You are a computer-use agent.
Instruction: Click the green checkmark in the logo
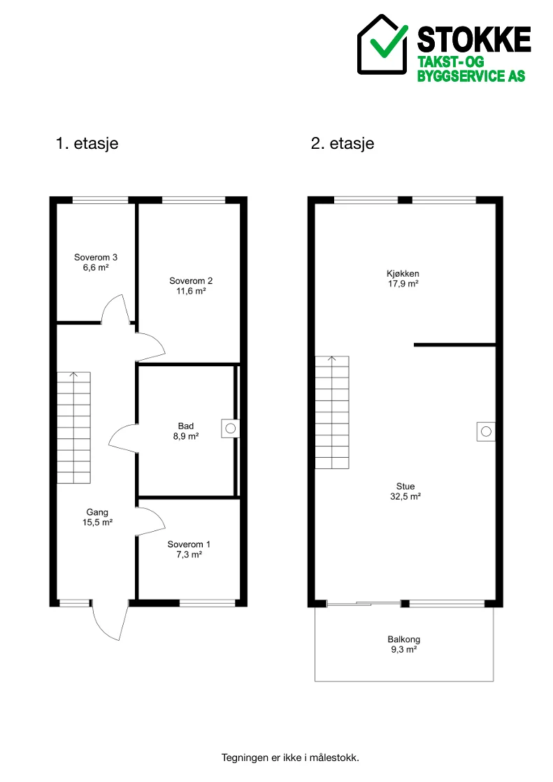[x=388, y=42]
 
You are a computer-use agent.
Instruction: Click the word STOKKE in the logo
[x=473, y=40]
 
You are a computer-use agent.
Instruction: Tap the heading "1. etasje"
[x=87, y=144]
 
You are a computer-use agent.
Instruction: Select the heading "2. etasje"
[x=343, y=144]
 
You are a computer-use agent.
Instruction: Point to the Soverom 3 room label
[x=96, y=257]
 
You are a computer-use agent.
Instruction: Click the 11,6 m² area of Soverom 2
[x=191, y=291]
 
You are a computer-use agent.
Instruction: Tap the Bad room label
[x=186, y=426]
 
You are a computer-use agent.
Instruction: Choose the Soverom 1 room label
[x=189, y=544]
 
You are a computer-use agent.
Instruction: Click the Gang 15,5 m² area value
[x=97, y=523]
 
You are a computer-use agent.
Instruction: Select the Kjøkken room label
[x=403, y=273]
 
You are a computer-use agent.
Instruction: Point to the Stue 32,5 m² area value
[x=405, y=497]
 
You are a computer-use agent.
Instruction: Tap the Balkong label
[x=404, y=639]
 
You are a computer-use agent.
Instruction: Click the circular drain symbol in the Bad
[x=231, y=428]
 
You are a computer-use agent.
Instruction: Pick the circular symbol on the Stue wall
[x=486, y=431]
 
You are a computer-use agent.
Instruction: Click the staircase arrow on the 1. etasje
[x=74, y=375]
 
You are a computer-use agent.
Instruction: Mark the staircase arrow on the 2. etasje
[x=332, y=359]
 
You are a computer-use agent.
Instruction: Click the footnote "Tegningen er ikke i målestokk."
[x=290, y=758]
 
